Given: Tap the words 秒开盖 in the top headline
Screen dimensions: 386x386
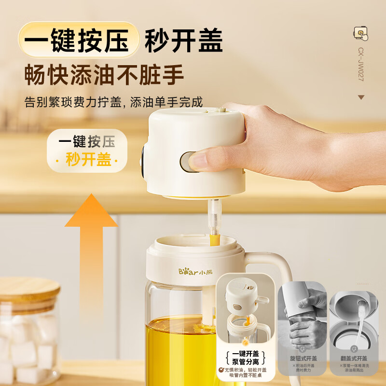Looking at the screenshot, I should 184,40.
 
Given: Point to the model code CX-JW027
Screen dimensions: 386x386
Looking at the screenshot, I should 360,63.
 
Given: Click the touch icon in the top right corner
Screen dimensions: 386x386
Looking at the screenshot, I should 360,33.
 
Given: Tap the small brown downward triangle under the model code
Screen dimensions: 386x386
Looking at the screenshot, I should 361,97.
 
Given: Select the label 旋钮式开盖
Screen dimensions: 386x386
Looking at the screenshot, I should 303,358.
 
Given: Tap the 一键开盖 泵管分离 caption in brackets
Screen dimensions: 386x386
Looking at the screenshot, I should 246,357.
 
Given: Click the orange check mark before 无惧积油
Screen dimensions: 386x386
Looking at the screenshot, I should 221,370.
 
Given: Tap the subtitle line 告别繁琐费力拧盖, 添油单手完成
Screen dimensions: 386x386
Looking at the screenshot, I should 114,102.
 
